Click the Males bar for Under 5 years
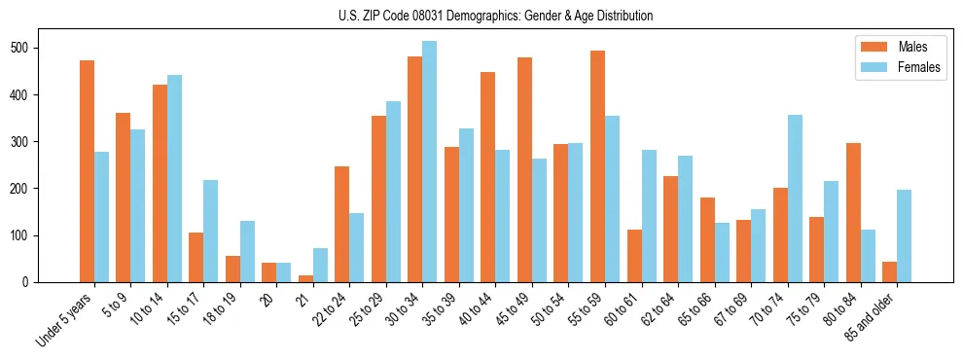[x=87, y=171]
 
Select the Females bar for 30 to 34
[x=430, y=162]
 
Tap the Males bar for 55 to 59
[x=597, y=166]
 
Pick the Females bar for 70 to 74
[x=795, y=198]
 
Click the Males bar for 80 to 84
[x=853, y=212]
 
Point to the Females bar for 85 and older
[x=904, y=235]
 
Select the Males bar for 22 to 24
[x=342, y=224]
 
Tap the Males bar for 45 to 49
[x=524, y=169]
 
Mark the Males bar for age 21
[x=305, y=278]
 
